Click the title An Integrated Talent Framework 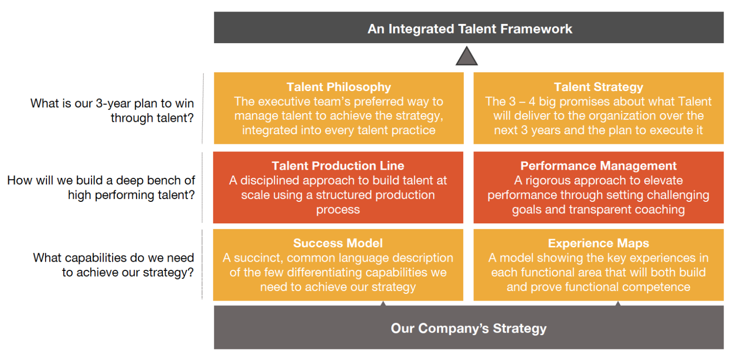click(470, 29)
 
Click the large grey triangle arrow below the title click(466, 57)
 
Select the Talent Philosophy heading click(339, 87)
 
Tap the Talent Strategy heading click(598, 87)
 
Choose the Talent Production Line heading click(338, 166)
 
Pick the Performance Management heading click(598, 166)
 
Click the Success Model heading click(338, 243)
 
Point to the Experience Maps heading click(598, 243)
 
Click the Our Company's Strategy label click(469, 328)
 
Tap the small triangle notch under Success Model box click(382, 303)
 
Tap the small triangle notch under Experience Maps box click(618, 303)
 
